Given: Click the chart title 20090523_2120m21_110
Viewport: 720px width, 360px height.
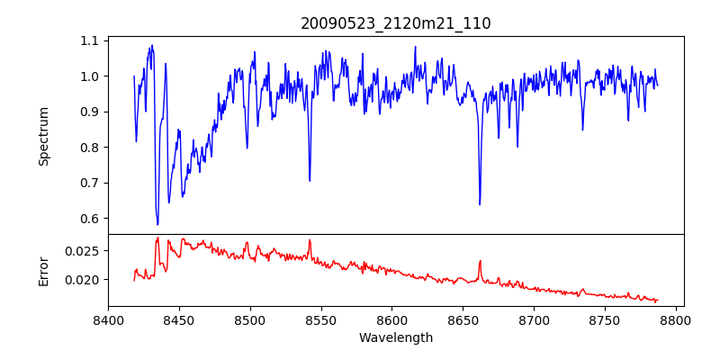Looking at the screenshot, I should click(x=396, y=23).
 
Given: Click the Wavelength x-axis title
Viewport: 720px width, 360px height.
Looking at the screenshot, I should click(x=396, y=337).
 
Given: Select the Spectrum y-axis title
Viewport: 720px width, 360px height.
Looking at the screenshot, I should click(x=43, y=136).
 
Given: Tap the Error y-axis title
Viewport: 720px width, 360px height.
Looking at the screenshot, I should click(x=43, y=270).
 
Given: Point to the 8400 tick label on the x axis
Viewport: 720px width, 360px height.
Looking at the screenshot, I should click(x=108, y=319).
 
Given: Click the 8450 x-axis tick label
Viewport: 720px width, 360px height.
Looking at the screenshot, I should click(x=179, y=319).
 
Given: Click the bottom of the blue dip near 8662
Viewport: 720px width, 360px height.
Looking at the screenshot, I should click(x=480, y=204).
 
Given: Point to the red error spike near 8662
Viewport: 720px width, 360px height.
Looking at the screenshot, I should click(x=480, y=261).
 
